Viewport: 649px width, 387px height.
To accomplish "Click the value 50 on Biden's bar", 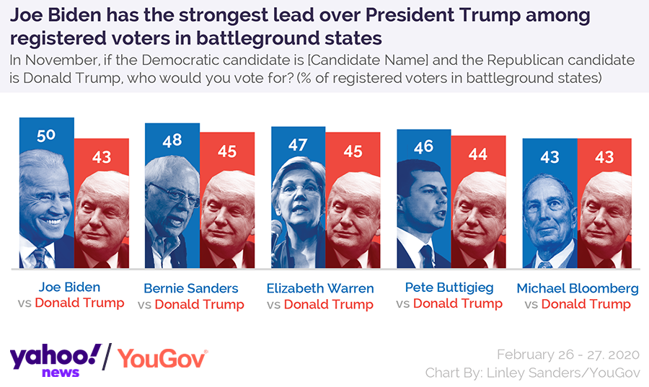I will point(45,135).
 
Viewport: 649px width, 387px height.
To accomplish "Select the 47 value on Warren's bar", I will point(298,144).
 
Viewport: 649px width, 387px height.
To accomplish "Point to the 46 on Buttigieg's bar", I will point(423,146).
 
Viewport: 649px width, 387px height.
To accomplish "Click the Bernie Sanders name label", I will point(190,288).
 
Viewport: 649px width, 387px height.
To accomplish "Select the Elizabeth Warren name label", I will point(320,288).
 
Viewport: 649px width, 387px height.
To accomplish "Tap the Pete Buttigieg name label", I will point(449,287).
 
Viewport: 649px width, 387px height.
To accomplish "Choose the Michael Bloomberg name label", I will point(578,288).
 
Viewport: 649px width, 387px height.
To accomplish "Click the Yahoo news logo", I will point(55,358).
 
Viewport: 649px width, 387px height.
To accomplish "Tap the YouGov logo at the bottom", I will point(163,358).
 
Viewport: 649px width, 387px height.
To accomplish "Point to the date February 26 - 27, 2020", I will point(568,354).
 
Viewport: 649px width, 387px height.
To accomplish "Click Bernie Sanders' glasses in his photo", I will point(172,193).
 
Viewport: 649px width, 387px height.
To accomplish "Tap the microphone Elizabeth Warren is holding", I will point(276,229).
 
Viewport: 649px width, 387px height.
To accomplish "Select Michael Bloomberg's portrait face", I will point(551,210).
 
